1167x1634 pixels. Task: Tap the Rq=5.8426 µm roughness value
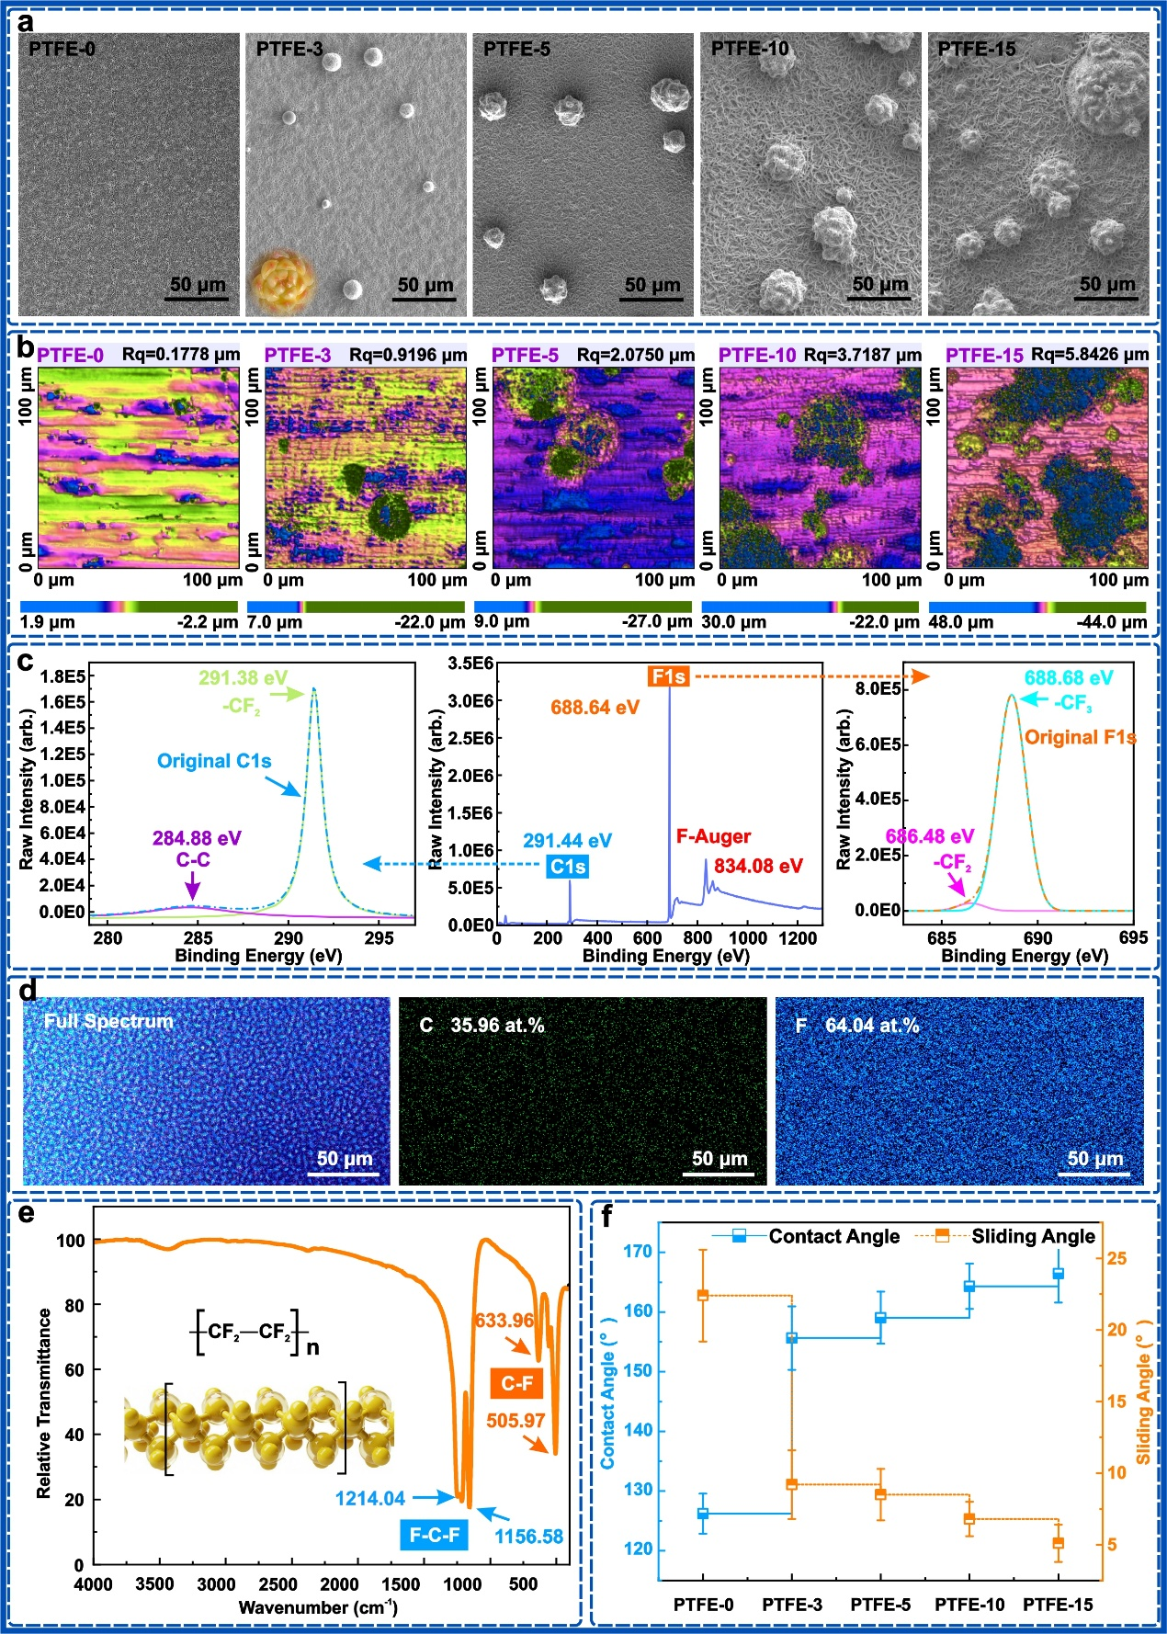pos(1090,354)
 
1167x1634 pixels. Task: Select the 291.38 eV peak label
pos(244,678)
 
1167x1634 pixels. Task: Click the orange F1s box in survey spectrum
pos(668,676)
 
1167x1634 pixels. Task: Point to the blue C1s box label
pos(567,866)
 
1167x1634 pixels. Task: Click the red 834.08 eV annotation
pos(758,866)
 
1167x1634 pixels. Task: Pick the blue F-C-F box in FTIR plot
pos(434,1535)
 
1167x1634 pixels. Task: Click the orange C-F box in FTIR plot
pos(516,1383)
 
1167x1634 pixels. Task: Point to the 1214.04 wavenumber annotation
pos(369,1499)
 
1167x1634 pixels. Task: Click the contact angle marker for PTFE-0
pos(703,1514)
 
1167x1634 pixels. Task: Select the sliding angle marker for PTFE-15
pos(1059,1543)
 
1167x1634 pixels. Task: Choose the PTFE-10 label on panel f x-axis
pos(969,1605)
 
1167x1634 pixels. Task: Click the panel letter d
pos(28,991)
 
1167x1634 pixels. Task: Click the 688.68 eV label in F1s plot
pos(1069,678)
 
